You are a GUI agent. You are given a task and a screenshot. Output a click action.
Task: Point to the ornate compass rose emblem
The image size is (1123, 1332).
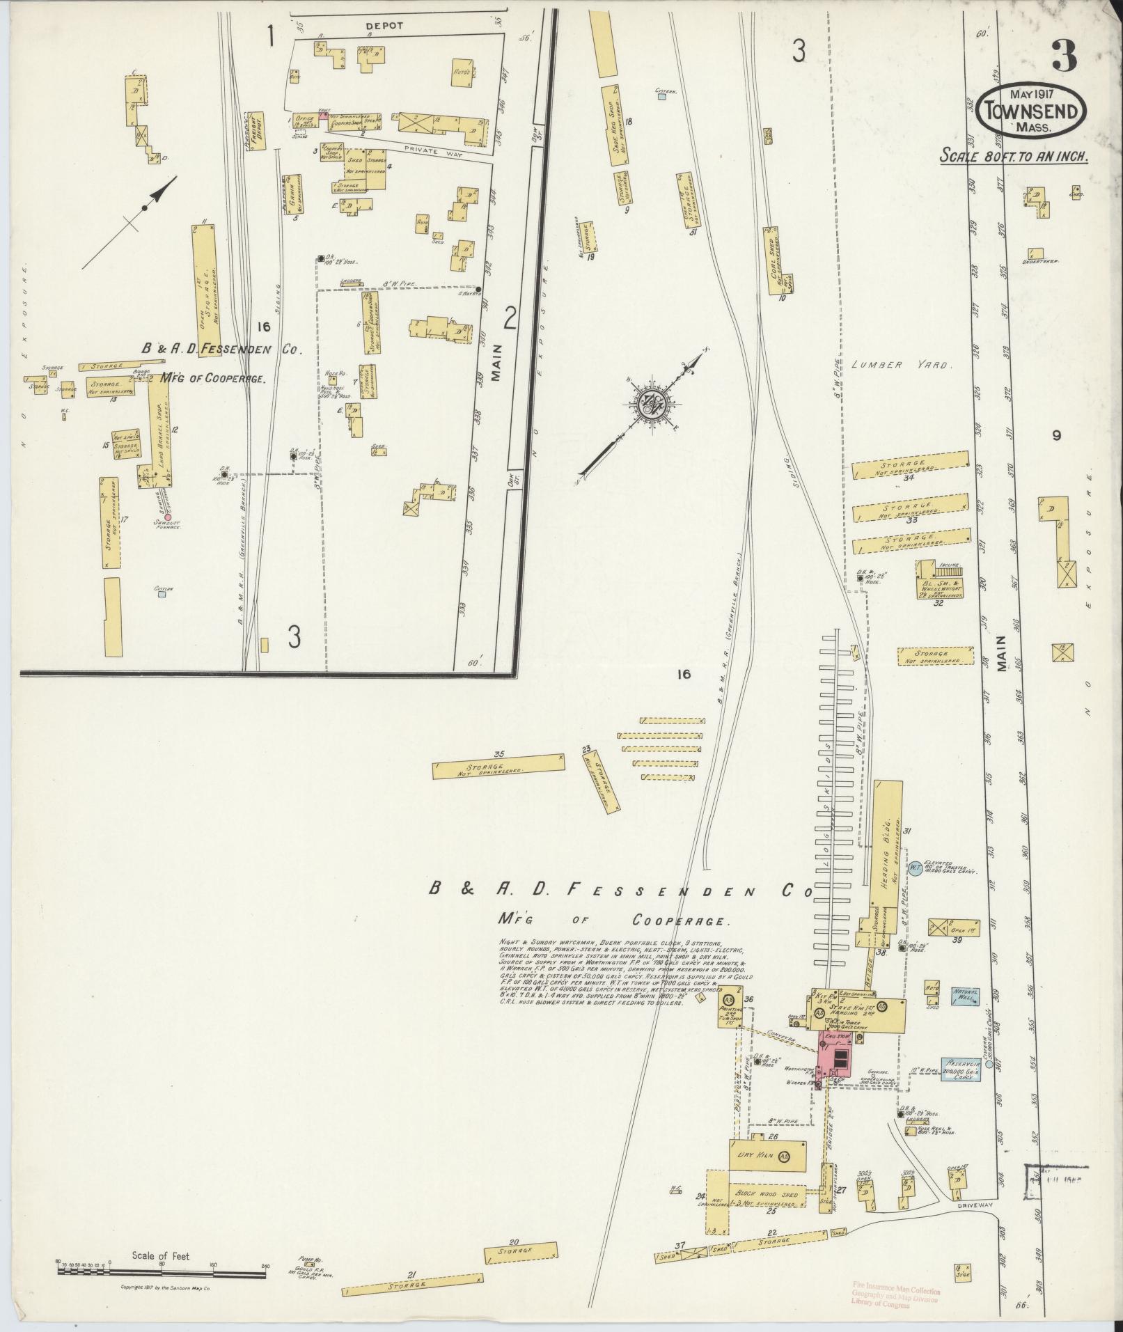[653, 402]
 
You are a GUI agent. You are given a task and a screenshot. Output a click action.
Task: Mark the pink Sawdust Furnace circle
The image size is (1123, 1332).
[167, 517]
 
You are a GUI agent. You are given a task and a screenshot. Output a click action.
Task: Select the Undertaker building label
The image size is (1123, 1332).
[1040, 260]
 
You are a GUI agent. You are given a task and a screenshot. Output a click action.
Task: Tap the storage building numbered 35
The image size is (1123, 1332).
[498, 765]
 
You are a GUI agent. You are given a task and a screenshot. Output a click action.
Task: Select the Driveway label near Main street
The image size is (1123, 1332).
[973, 1204]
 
